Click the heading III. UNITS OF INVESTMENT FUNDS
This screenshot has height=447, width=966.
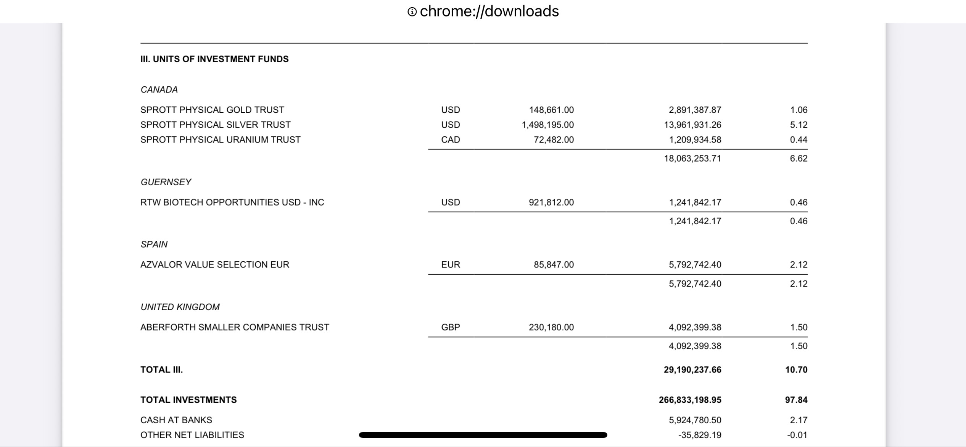(214, 59)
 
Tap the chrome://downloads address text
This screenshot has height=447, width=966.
(489, 11)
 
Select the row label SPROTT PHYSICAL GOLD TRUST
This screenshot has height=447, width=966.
(212, 110)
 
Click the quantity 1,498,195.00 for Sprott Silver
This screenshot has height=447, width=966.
(547, 125)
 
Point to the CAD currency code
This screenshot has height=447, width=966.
(450, 140)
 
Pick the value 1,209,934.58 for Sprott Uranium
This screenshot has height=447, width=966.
(695, 140)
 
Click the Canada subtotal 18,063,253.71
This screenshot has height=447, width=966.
(692, 159)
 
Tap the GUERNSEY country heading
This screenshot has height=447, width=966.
(166, 182)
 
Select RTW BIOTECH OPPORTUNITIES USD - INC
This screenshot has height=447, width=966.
(232, 202)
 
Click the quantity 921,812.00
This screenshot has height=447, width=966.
(551, 202)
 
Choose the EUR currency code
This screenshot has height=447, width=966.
(450, 265)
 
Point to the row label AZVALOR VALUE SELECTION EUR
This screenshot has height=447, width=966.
(214, 265)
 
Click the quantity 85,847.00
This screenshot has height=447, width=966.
(554, 265)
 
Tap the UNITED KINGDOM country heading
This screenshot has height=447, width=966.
(180, 307)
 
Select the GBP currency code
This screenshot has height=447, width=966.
(450, 327)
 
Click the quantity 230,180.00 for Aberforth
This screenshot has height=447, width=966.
(551, 327)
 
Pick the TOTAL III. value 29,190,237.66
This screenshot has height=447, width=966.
(692, 370)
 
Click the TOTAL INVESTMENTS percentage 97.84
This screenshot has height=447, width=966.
(796, 400)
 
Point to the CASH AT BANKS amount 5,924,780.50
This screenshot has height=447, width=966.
(695, 420)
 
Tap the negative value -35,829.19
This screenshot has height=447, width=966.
(699, 435)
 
